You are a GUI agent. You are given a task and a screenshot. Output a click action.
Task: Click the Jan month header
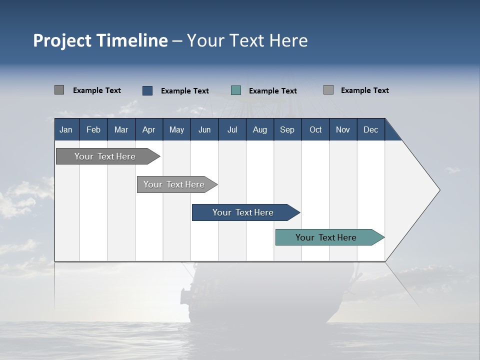pos(66,129)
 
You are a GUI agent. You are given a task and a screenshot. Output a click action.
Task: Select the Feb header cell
pos(93,129)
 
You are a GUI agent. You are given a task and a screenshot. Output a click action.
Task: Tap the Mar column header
pos(121,129)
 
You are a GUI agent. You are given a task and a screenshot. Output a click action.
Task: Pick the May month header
pos(176,129)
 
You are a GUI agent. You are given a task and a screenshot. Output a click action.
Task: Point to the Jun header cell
pos(204,129)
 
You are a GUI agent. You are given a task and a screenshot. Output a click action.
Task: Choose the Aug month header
pos(260,129)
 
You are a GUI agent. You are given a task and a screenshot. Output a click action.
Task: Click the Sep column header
pos(287,129)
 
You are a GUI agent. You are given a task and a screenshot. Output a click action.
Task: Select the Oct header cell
pos(315,129)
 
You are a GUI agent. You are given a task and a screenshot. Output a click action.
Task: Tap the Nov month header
pos(343,129)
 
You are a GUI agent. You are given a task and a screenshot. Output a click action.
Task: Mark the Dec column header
pos(371,129)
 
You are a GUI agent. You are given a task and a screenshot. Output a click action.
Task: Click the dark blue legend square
pos(147,90)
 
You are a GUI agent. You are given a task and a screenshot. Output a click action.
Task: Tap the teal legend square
pos(236,90)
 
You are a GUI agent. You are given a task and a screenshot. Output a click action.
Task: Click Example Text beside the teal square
pos(272,91)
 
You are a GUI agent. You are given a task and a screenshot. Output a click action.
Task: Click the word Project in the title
pos(61,40)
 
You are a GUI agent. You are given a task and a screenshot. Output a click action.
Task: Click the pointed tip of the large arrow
pos(438,190)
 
